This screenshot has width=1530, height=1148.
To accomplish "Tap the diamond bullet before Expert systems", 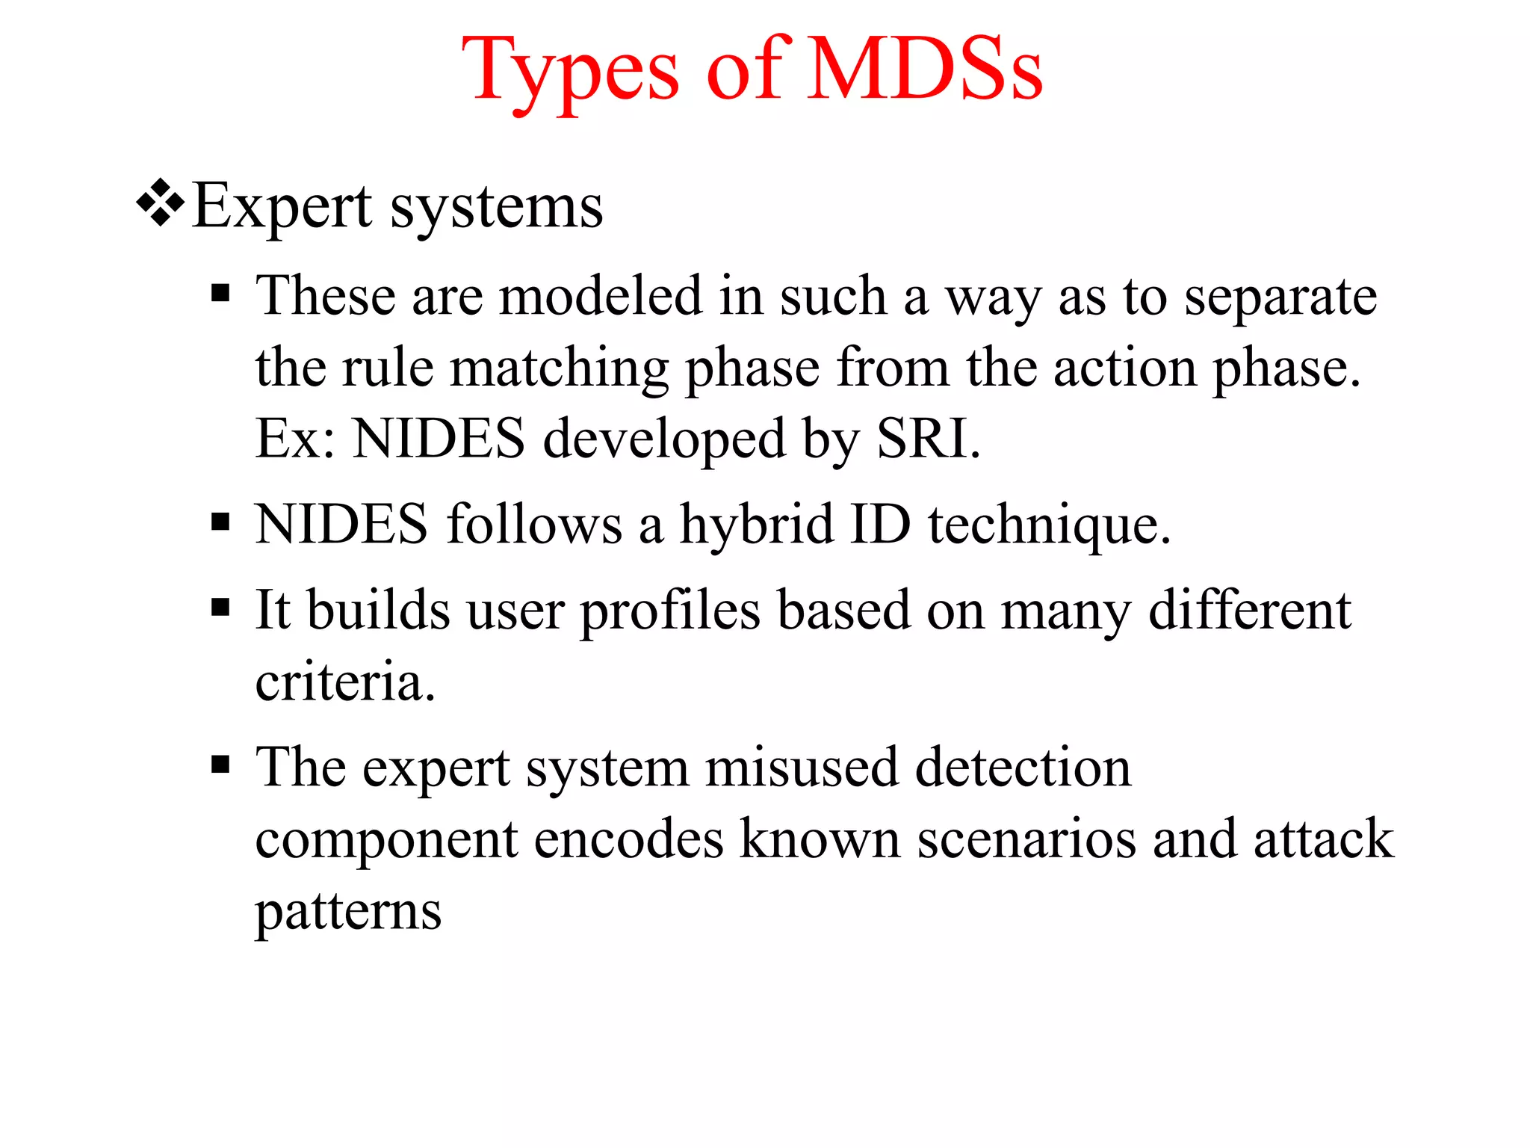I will tap(160, 203).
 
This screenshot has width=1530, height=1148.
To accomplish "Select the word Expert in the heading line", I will tap(282, 208).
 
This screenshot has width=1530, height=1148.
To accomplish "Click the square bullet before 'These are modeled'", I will tap(220, 292).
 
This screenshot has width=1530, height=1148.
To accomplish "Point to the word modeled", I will tap(601, 296).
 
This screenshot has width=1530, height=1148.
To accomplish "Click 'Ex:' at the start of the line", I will tap(295, 439).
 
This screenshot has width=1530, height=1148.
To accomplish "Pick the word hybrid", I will tap(756, 525).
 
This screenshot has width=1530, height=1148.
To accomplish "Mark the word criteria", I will tap(344, 682).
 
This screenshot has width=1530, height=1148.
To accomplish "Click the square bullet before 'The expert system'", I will tap(220, 764).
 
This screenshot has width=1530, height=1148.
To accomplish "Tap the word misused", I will tap(802, 768).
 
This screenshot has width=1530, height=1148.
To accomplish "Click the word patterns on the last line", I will tap(348, 913).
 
